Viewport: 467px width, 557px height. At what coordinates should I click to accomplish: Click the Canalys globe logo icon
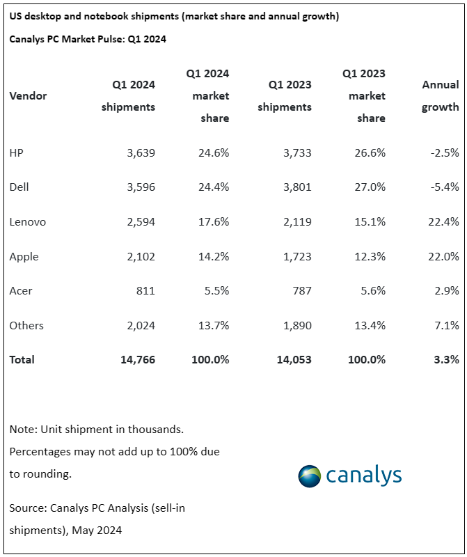click(x=309, y=476)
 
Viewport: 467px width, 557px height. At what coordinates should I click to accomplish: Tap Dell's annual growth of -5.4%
click(x=444, y=187)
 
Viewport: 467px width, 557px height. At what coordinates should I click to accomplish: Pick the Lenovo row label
click(x=28, y=222)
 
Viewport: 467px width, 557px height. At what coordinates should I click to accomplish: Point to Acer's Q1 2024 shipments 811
click(x=144, y=291)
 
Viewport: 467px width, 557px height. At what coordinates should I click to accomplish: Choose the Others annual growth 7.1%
click(x=446, y=325)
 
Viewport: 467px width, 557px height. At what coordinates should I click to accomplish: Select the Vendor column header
click(x=29, y=96)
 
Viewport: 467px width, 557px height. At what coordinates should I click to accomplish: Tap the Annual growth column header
click(x=441, y=96)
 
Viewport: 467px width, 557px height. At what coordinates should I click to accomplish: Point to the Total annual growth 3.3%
click(x=446, y=360)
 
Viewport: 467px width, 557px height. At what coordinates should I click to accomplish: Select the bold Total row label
click(x=22, y=360)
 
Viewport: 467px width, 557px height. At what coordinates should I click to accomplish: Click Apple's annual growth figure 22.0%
click(x=444, y=256)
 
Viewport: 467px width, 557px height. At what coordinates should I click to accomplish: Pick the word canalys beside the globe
click(x=363, y=476)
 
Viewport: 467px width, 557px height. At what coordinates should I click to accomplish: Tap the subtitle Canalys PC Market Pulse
click(x=88, y=39)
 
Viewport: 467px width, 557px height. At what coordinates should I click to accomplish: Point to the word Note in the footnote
click(x=23, y=430)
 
